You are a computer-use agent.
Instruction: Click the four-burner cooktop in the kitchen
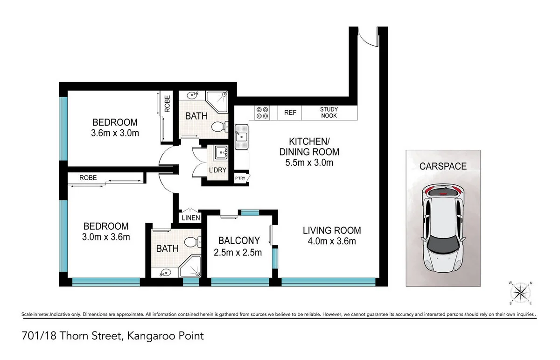[262, 113]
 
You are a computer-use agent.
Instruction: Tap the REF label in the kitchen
[290, 113]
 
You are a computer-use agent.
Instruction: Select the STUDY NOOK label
[329, 113]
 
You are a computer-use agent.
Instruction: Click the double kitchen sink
[241, 137]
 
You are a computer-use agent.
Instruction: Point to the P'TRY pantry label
[240, 178]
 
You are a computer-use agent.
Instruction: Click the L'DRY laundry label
[217, 170]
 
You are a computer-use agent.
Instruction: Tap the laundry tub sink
[221, 152]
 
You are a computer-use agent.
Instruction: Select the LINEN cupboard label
[191, 218]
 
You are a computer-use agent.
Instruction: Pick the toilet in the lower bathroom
[192, 242]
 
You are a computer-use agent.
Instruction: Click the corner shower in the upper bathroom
[217, 102]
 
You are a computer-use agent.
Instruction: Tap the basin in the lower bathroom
[165, 272]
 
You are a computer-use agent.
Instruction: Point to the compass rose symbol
[520, 293]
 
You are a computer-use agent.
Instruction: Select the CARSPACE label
[443, 166]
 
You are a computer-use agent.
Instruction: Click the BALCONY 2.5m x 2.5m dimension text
[238, 253]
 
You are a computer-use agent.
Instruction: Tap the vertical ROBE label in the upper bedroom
[167, 104]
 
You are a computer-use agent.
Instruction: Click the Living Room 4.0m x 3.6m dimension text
[332, 241]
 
